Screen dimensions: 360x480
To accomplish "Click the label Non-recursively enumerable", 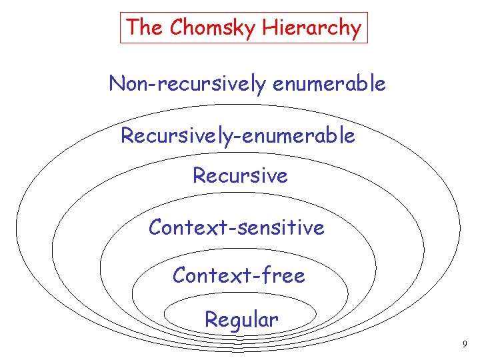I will [x=247, y=84].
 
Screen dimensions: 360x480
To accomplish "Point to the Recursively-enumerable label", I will [x=237, y=136].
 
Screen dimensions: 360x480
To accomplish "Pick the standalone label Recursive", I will [x=240, y=176].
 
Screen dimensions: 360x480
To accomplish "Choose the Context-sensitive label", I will [x=237, y=228].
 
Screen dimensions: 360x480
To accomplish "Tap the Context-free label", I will [x=239, y=275].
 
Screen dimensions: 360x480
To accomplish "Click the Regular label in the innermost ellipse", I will [x=241, y=319].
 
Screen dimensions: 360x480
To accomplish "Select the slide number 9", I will [x=465, y=345].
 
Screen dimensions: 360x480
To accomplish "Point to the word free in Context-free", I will [x=283, y=275].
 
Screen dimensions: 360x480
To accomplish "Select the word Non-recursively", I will [x=189, y=84].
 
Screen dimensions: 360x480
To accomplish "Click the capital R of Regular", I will [x=211, y=319].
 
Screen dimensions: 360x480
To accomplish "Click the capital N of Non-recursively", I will [x=117, y=84].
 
